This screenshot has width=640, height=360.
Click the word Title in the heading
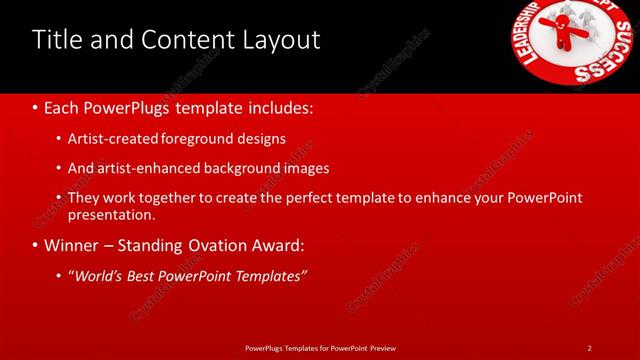tap(56, 40)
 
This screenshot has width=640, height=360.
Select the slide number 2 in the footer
tap(589, 348)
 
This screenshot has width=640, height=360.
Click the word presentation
tap(112, 214)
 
